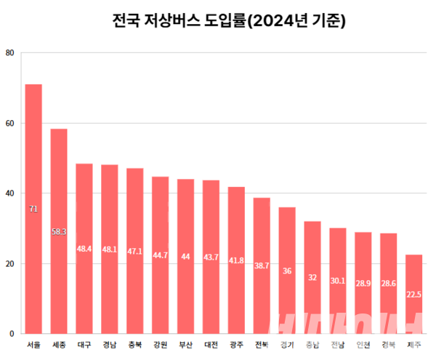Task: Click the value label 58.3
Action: point(59,231)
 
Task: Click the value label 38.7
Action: point(262,266)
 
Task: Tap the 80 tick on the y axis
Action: point(9,53)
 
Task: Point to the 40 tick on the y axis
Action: point(9,193)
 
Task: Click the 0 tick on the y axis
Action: point(11,334)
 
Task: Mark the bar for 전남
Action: point(338,281)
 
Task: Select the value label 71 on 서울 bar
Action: point(33,209)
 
